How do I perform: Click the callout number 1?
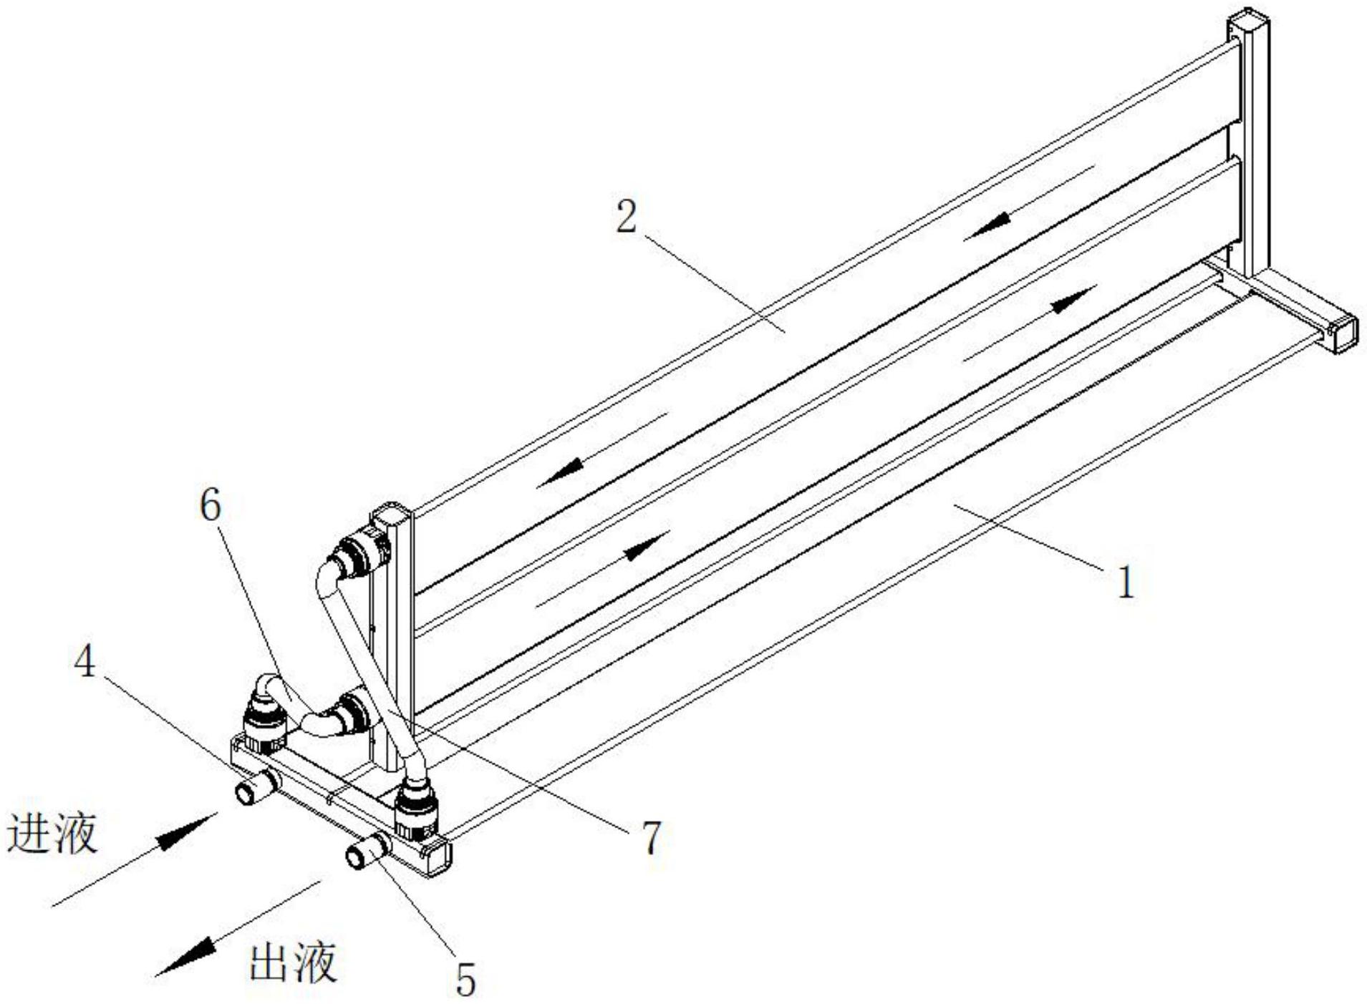(x=1126, y=582)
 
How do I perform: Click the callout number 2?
(x=627, y=216)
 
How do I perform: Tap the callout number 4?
(x=85, y=663)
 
